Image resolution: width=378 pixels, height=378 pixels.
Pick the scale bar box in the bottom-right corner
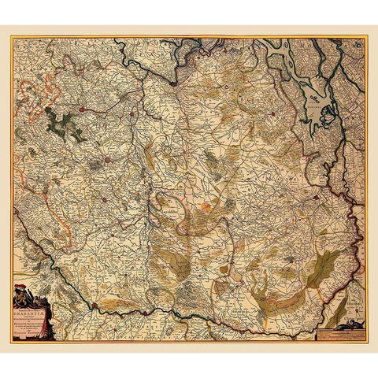click(338, 332)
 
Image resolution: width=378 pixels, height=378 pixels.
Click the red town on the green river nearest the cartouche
click(94, 306)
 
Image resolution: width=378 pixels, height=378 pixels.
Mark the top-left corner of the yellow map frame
click(12, 37)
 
